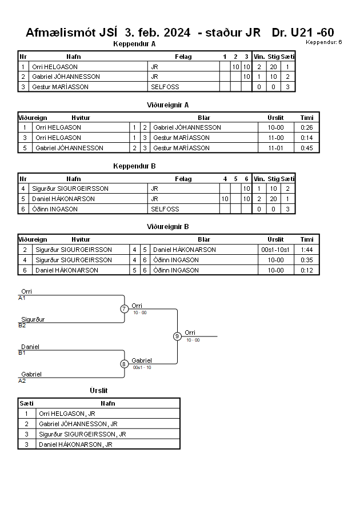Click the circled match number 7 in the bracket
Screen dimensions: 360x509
click(124, 308)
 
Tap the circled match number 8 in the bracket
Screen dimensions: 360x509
click(123, 364)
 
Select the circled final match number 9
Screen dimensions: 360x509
click(177, 336)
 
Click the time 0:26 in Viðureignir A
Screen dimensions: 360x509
click(306, 127)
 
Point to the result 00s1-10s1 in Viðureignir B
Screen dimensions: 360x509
click(275, 250)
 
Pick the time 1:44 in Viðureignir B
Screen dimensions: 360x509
click(306, 250)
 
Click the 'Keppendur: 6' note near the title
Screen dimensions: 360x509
click(323, 42)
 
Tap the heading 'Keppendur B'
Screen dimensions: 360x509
click(134, 166)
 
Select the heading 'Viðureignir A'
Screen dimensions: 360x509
click(167, 105)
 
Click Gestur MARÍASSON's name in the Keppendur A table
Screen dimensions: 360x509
click(60, 87)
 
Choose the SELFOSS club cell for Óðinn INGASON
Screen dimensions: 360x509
click(165, 209)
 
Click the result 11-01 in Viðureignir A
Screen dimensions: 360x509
click(275, 148)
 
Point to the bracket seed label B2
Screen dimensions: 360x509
click(22, 326)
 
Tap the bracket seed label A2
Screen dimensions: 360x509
click(22, 381)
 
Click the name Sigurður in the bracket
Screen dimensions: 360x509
click(33, 319)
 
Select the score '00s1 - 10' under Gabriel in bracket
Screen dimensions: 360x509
click(142, 367)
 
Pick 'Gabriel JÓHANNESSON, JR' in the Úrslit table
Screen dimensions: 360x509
click(78, 424)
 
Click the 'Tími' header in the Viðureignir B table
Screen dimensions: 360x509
click(307, 239)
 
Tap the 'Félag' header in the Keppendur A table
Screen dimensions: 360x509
click(183, 57)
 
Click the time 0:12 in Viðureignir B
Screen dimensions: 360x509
click(306, 270)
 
